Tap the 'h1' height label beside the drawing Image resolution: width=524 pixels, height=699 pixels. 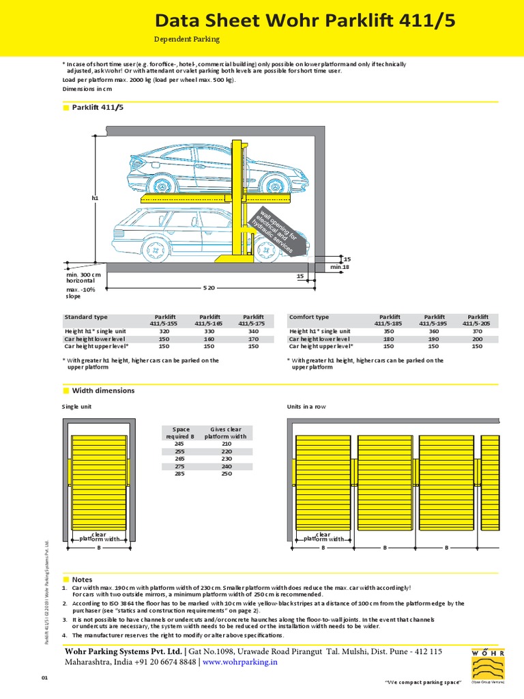pyautogui.click(x=95, y=198)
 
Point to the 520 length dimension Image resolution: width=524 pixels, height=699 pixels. pyautogui.click(x=209, y=288)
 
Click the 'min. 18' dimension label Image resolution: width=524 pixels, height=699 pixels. pyautogui.click(x=340, y=267)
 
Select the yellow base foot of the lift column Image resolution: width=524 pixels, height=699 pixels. pyautogui.click(x=233, y=258)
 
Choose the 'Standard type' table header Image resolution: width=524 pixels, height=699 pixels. pyautogui.click(x=86, y=317)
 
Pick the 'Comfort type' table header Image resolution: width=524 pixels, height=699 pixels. pyautogui.click(x=309, y=317)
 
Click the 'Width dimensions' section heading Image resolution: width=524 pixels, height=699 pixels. pyautogui.click(x=103, y=390)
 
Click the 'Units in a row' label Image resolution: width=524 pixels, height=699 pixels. pyautogui.click(x=307, y=407)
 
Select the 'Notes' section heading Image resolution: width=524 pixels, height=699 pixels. pyautogui.click(x=82, y=580)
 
